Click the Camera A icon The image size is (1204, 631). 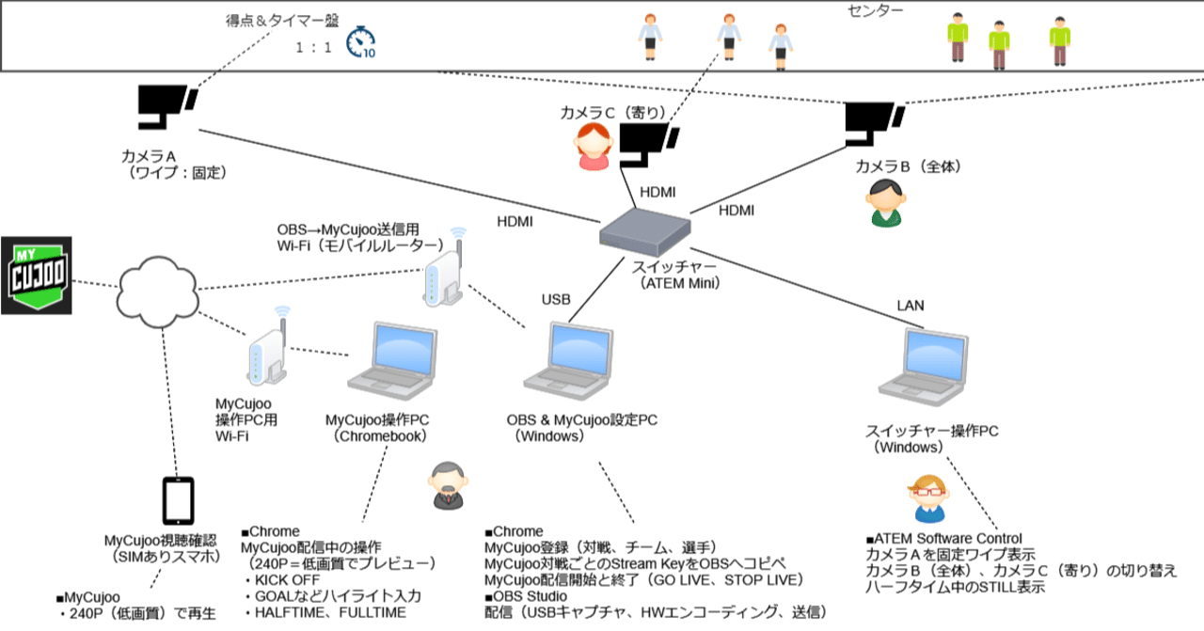pyautogui.click(x=166, y=106)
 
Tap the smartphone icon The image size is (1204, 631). pyautogui.click(x=179, y=500)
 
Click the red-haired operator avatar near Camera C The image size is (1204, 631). pyautogui.click(x=594, y=147)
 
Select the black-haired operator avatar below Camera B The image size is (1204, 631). pyautogui.click(x=884, y=203)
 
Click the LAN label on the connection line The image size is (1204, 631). pyautogui.click(x=911, y=305)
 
